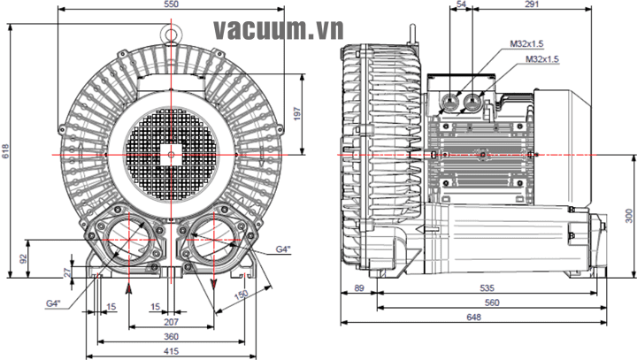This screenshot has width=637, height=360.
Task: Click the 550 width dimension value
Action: tap(172, 4)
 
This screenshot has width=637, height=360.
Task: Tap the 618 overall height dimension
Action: tap(5, 150)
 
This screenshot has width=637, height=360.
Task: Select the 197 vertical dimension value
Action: tap(297, 114)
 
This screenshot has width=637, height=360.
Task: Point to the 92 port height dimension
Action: tap(23, 259)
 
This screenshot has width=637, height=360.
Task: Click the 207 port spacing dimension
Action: tap(171, 322)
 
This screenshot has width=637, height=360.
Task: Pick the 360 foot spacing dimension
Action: tap(171, 336)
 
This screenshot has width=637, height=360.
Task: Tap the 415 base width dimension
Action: tap(171, 351)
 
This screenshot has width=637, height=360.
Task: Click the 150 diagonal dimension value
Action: tap(241, 295)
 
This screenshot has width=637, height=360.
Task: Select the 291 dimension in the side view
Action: tap(532, 4)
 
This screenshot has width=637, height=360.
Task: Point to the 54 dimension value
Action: tap(462, 4)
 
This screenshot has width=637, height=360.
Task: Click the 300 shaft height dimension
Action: tap(629, 216)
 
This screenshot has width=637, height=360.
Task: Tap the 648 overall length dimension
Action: tap(473, 317)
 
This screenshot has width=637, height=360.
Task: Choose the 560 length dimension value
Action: tap(492, 303)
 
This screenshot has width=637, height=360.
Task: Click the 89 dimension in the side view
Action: tap(359, 288)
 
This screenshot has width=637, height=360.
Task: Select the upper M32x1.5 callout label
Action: tap(527, 44)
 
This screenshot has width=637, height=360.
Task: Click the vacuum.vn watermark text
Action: tap(279, 29)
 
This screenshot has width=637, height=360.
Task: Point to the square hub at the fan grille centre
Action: tap(171, 155)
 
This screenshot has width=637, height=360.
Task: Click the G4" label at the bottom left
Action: tap(53, 303)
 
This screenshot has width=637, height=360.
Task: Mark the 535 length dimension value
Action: tap(487, 288)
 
